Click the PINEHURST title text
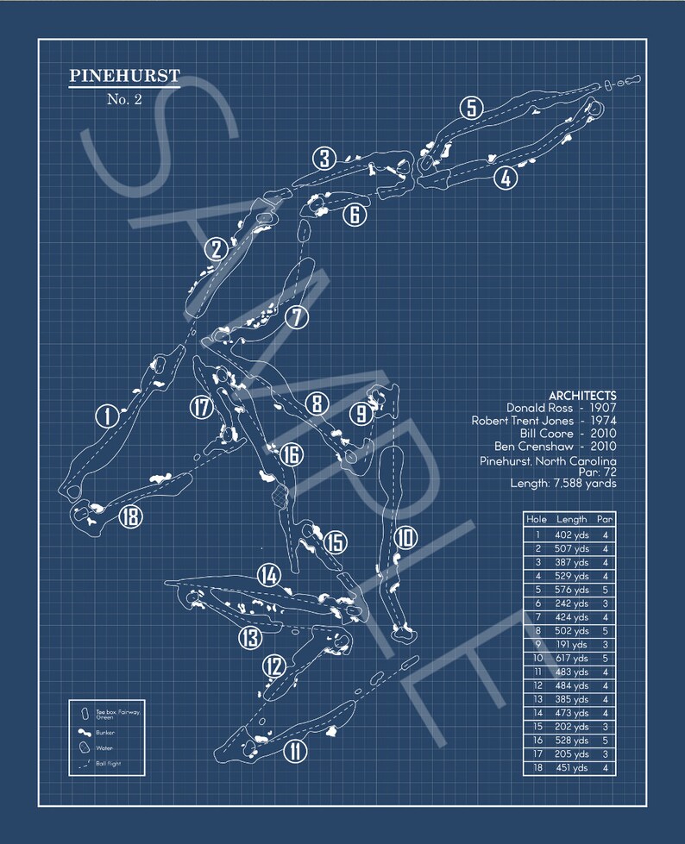124,76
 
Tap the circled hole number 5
470,108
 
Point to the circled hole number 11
294,751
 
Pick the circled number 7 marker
296,317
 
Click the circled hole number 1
106,416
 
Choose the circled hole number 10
405,539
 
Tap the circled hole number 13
250,638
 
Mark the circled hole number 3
324,159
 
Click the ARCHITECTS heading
582,396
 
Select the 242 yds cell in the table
571,603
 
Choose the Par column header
605,520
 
